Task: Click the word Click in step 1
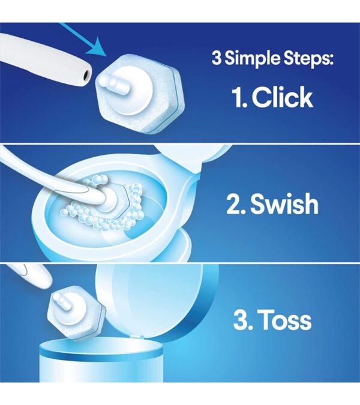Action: click(283, 97)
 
